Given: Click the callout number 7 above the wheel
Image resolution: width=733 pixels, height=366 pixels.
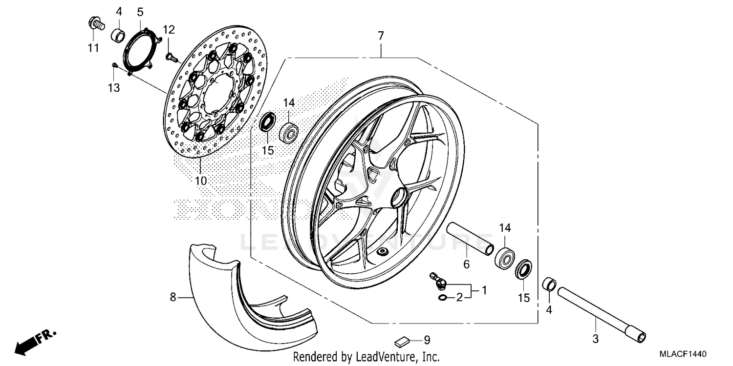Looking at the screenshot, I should point(381,36).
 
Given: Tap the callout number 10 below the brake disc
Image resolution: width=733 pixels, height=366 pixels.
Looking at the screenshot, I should point(201,181).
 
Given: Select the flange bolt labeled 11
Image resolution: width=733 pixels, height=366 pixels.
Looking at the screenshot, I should point(95,23).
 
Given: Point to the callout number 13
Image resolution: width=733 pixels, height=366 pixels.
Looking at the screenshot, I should point(113,88).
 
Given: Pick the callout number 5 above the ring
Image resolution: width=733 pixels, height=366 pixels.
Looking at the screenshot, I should point(140,11).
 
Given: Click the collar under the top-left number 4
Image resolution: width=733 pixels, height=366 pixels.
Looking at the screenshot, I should point(119,36).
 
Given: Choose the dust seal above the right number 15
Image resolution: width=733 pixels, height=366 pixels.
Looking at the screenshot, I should point(524,270).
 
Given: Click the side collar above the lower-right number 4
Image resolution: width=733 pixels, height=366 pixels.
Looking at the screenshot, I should point(550,284).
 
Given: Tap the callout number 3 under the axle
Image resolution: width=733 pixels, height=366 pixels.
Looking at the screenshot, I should point(595,338).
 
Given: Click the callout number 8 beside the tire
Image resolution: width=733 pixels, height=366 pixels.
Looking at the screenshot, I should point(172,296).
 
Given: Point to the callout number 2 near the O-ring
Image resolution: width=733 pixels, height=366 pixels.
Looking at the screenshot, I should point(459,297).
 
